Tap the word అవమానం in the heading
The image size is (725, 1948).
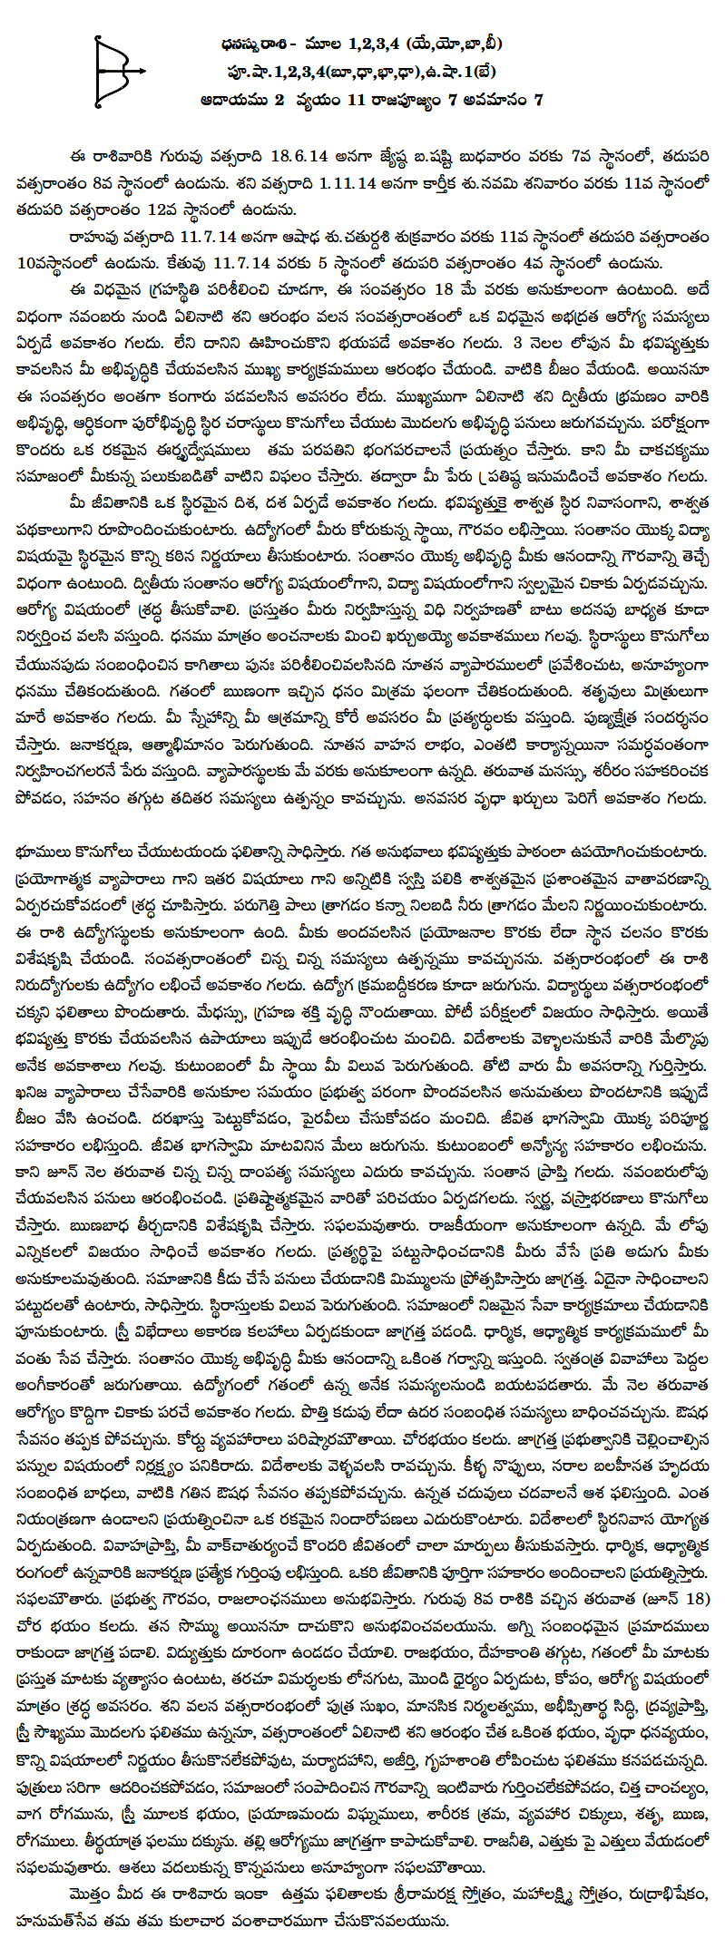(491, 99)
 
